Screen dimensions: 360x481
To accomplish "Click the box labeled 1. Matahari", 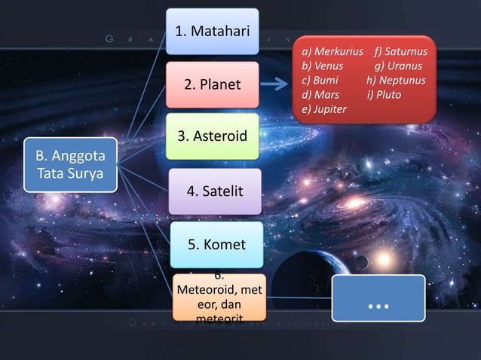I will click(x=212, y=31).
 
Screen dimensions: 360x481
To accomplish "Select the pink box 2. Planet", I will click(x=213, y=84).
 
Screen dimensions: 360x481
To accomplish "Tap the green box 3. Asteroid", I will click(x=213, y=136).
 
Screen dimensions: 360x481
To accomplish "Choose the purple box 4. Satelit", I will click(x=215, y=191).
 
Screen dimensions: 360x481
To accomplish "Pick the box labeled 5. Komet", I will click(x=216, y=244).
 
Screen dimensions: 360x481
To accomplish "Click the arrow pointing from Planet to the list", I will click(x=278, y=85).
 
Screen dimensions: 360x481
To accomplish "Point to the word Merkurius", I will click(x=339, y=52).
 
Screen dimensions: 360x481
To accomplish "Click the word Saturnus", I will click(x=406, y=52).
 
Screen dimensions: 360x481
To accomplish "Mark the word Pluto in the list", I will click(x=389, y=95).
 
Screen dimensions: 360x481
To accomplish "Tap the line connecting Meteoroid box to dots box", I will click(x=298, y=297).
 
